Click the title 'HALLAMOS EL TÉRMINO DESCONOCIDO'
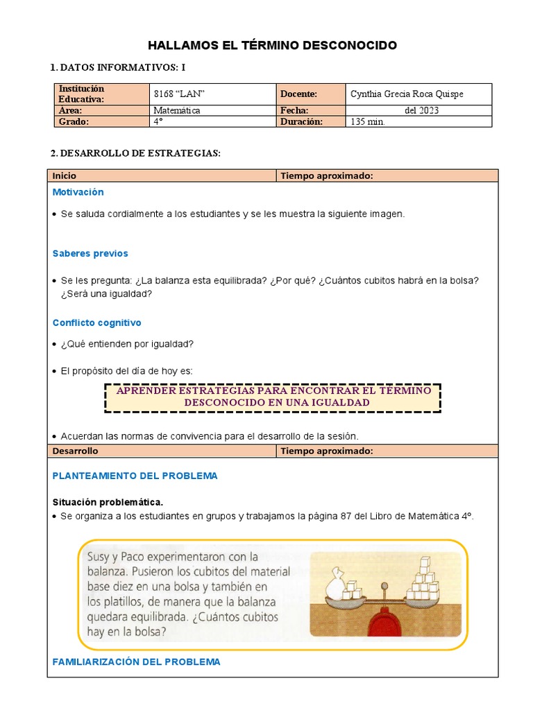(272, 46)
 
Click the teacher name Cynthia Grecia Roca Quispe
(407, 94)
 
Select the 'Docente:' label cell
(299, 94)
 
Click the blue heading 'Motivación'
(78, 192)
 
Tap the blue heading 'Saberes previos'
(90, 254)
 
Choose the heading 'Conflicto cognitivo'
(96, 323)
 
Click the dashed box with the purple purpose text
(273, 397)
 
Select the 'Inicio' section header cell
(161, 176)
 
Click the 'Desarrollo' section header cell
(161, 451)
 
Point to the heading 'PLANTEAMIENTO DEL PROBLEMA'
(135, 476)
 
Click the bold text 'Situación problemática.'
(108, 502)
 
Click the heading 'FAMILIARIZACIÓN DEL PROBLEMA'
(136, 662)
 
